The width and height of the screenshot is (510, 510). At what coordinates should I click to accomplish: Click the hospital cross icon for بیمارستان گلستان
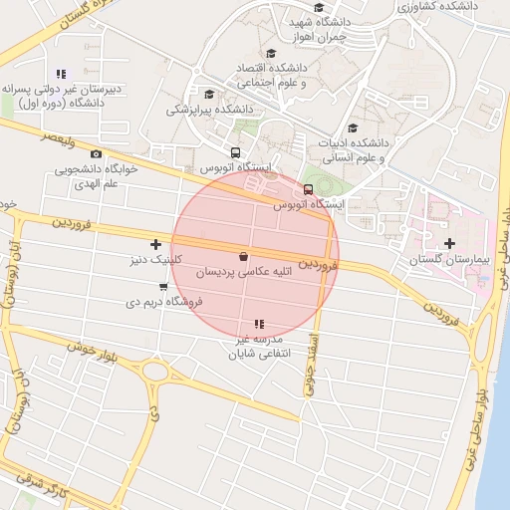[x=449, y=243]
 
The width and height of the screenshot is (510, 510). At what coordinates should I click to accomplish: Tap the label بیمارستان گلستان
[x=451, y=260]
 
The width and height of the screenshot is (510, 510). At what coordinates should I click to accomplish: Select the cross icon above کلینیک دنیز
[x=155, y=244]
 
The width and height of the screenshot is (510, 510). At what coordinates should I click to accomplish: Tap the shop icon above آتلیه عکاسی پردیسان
[x=244, y=255]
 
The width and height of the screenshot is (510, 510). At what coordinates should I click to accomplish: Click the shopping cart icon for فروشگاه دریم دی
[x=163, y=288]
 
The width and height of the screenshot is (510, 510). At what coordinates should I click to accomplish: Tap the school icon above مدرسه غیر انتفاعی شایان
[x=260, y=324]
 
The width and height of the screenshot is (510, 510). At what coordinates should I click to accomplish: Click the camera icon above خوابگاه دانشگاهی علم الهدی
[x=96, y=153]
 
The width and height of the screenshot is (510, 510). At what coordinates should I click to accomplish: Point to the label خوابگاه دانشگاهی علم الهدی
[x=96, y=175]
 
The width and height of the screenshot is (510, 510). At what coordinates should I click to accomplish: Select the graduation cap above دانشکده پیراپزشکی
[x=206, y=94]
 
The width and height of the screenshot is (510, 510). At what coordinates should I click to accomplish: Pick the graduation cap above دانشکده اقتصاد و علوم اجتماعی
[x=270, y=55]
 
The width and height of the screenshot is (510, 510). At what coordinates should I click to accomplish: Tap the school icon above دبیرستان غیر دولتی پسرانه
[x=61, y=74]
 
